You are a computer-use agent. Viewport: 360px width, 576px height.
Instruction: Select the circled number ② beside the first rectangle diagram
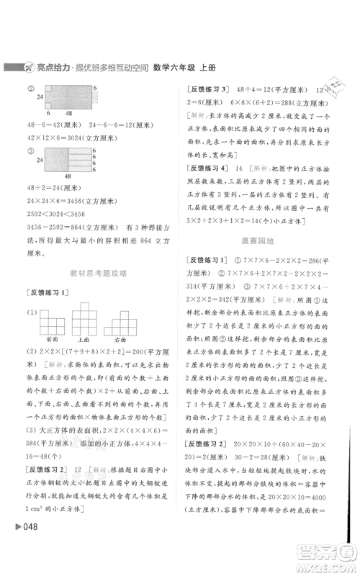(x=32, y=89)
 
